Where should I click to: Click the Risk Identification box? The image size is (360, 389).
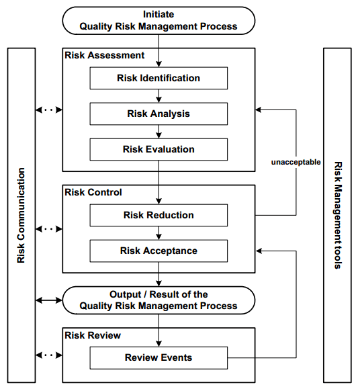[x=159, y=78]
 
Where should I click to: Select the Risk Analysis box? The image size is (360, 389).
[x=159, y=114]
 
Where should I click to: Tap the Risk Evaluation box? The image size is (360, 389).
[x=159, y=149]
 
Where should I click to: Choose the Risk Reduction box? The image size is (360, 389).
[x=159, y=215]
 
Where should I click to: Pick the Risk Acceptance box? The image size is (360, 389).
[x=159, y=251]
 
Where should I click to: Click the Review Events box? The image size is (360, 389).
[x=159, y=357]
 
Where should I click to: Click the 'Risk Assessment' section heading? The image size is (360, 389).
[x=104, y=55]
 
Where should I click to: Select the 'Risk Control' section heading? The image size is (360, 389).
[x=93, y=192]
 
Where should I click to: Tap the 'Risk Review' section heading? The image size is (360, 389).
[x=93, y=335]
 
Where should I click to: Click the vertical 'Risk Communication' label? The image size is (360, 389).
[x=21, y=215]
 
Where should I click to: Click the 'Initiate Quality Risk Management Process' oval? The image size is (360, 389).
[x=159, y=20]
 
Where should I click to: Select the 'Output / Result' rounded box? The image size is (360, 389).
[x=159, y=300]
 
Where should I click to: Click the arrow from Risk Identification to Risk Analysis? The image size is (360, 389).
[x=159, y=96]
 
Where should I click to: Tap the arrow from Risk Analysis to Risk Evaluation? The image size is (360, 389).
[x=159, y=132]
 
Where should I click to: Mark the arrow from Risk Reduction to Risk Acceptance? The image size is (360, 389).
[x=159, y=233]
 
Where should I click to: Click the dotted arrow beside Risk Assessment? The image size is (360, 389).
[x=48, y=109]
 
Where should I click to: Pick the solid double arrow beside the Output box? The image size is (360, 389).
[x=48, y=300]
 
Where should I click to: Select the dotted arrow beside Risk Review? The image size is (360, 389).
[x=48, y=354]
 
